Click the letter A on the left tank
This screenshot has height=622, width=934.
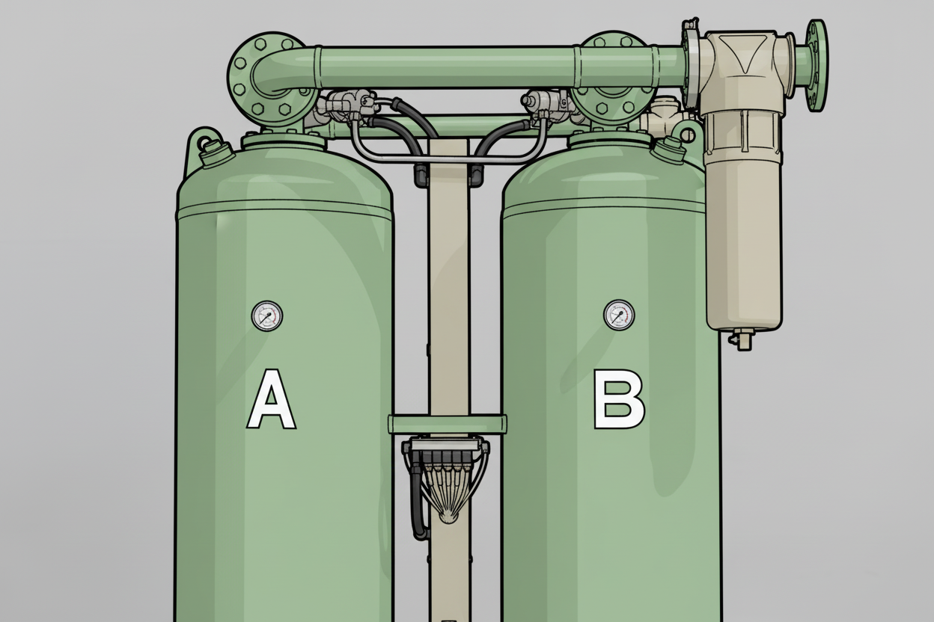[x=272, y=398]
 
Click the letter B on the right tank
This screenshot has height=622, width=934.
[x=619, y=398]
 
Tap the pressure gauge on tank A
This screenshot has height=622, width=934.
[x=267, y=315]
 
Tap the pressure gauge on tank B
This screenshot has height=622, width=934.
[x=619, y=315]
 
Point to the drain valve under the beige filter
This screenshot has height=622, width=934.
[x=741, y=339]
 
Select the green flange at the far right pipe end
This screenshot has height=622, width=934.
[x=817, y=65]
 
